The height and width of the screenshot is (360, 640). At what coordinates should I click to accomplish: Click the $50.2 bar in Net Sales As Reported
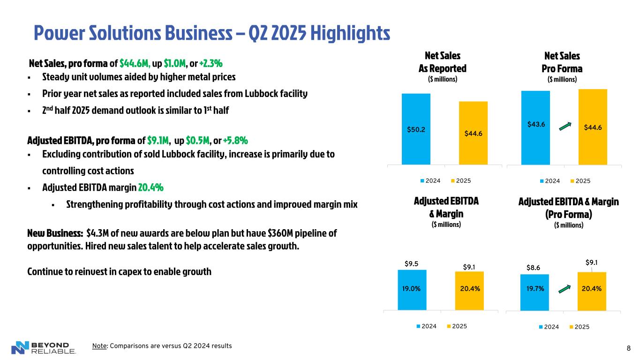416,129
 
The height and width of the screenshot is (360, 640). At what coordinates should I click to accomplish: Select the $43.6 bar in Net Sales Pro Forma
536,127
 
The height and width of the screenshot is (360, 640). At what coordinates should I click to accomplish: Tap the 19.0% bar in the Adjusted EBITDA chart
412,289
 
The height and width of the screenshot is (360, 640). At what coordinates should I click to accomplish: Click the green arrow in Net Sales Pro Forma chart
566,126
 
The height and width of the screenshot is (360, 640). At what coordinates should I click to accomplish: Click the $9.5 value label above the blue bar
412,263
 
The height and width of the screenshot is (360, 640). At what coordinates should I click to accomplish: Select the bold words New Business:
55,233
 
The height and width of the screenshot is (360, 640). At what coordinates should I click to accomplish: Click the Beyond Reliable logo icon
20,347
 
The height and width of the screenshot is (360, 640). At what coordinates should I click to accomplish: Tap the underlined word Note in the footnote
99,346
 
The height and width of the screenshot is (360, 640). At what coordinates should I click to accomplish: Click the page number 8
628,348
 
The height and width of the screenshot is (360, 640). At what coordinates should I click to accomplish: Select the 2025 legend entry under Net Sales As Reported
460,180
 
